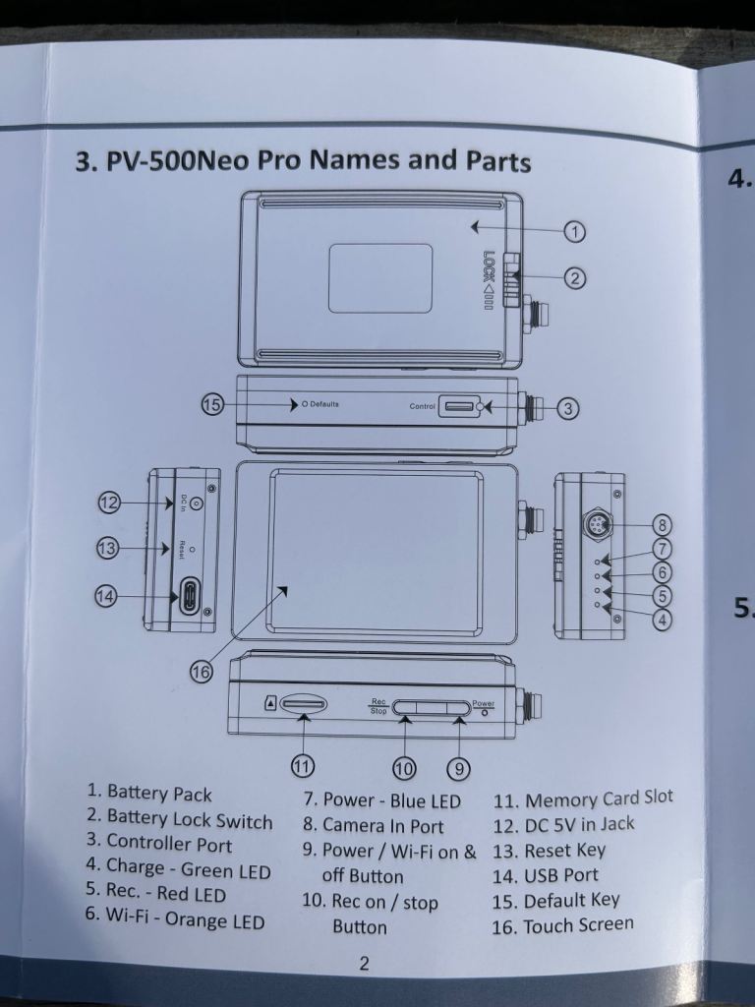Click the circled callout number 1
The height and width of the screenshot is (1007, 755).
pyautogui.click(x=575, y=232)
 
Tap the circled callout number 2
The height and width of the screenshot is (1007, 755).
pyautogui.click(x=575, y=278)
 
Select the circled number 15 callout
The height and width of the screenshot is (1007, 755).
pyautogui.click(x=212, y=404)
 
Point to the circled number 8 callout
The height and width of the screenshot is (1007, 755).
pyautogui.click(x=664, y=525)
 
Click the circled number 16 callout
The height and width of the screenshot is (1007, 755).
pyautogui.click(x=201, y=672)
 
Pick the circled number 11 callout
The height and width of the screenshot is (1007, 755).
pyautogui.click(x=303, y=765)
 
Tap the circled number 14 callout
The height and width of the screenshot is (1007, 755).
pyautogui.click(x=106, y=596)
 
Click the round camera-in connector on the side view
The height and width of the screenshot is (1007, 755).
pyautogui.click(x=597, y=525)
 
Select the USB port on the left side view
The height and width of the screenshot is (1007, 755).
pyautogui.click(x=190, y=597)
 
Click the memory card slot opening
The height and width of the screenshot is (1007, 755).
pyautogui.click(x=304, y=704)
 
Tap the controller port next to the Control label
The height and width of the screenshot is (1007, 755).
pyautogui.click(x=459, y=406)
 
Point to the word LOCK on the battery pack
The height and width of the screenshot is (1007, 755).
pyautogui.click(x=489, y=265)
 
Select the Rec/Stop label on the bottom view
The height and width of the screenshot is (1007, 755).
pyautogui.click(x=378, y=706)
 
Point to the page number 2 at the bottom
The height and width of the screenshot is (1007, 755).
pyautogui.click(x=364, y=964)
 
